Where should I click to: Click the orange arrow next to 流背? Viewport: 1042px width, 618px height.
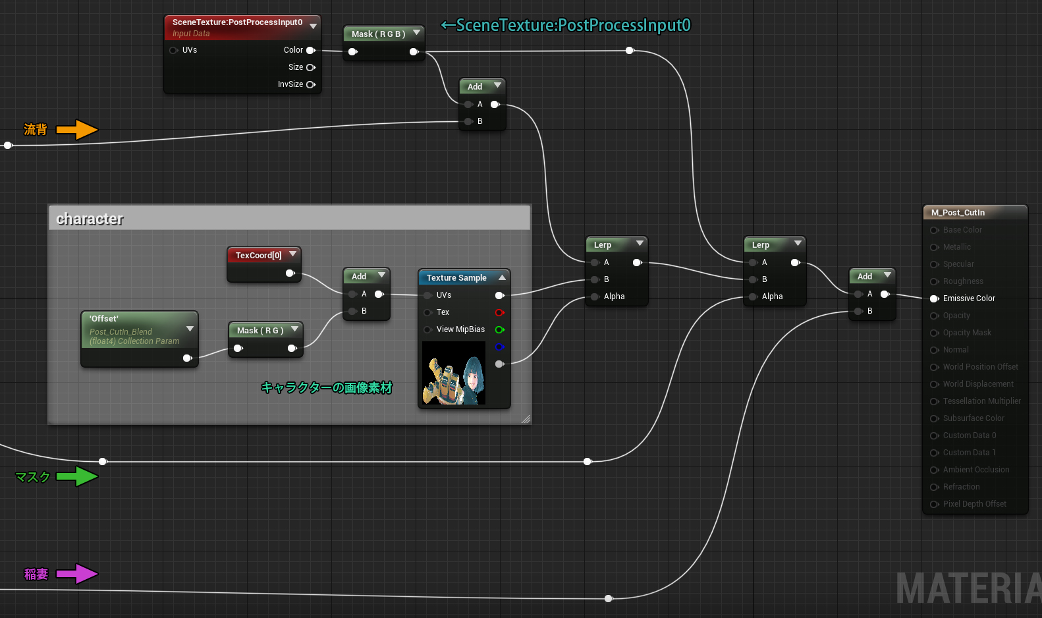(x=77, y=130)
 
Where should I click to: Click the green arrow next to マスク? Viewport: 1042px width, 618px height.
(x=77, y=476)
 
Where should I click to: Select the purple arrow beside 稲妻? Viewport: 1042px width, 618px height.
(x=77, y=574)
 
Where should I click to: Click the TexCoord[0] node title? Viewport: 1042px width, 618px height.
(x=258, y=255)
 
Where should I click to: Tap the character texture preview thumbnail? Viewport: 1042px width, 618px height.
(x=454, y=373)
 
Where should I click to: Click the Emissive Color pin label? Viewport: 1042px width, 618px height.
(x=968, y=298)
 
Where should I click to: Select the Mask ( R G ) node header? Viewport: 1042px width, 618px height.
(x=260, y=330)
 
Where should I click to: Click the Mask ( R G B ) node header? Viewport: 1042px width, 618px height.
(x=378, y=34)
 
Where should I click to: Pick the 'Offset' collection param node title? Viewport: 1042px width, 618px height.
(x=104, y=318)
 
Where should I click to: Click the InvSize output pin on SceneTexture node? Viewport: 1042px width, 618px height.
(x=311, y=84)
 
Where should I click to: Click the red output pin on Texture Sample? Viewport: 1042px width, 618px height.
(x=499, y=312)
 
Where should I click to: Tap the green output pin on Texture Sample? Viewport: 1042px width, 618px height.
(x=499, y=329)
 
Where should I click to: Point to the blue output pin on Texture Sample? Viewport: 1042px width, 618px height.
(x=499, y=347)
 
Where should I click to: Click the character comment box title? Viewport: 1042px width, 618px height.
(x=90, y=219)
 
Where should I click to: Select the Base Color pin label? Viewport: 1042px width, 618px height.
(x=962, y=230)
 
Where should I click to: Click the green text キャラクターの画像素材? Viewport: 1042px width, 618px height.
(x=327, y=387)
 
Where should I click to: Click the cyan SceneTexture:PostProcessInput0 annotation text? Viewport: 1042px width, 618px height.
(x=566, y=25)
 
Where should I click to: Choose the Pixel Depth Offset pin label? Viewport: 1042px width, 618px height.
(x=974, y=504)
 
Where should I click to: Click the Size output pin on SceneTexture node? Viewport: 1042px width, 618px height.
(x=311, y=67)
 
